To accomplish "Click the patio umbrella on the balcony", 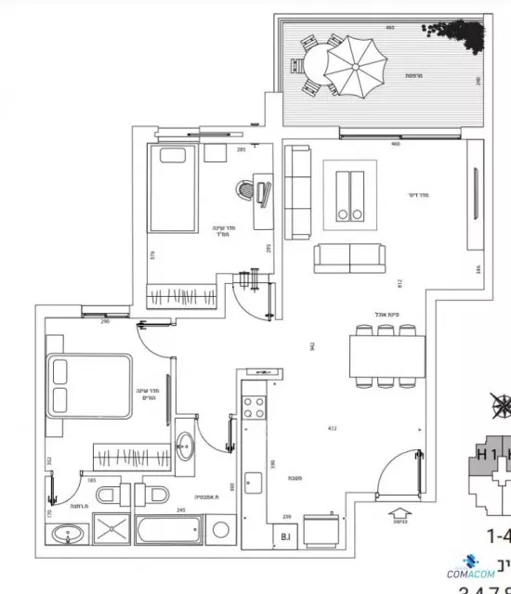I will [x=354, y=65].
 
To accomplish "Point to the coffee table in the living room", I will [x=350, y=192].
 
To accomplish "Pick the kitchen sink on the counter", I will [x=254, y=484].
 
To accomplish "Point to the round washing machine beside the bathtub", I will [x=221, y=531].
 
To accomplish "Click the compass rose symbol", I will [x=502, y=405].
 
